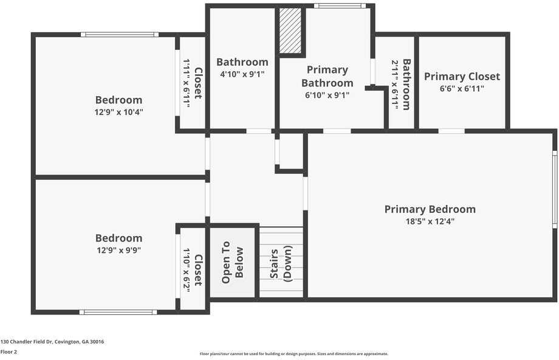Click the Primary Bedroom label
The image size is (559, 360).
click(x=430, y=209)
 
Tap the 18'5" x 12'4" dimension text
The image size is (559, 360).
click(x=430, y=221)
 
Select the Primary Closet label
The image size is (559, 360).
click(x=462, y=76)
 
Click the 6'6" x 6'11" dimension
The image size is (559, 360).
click(x=462, y=88)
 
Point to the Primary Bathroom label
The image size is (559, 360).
click(x=327, y=76)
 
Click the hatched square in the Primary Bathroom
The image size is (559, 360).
click(x=290, y=31)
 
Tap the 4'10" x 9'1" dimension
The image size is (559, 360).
click(x=242, y=74)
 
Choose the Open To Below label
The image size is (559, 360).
click(x=232, y=262)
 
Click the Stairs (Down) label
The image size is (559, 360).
click(x=281, y=264)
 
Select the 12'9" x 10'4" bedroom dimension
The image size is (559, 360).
click(x=118, y=112)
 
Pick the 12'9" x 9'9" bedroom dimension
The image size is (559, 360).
click(x=118, y=250)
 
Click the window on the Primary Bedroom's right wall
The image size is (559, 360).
click(x=554, y=189)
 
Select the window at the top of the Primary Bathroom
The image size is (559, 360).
click(x=340, y=6)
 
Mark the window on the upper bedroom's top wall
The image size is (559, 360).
click(x=120, y=35)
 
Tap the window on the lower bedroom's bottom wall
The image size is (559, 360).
click(x=118, y=312)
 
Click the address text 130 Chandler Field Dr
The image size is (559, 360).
click(x=52, y=342)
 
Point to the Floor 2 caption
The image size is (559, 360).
click(x=9, y=351)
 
